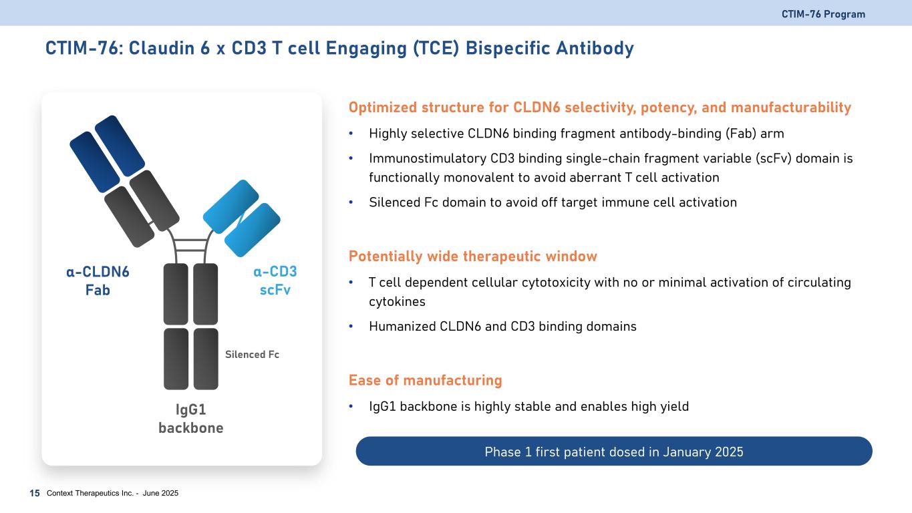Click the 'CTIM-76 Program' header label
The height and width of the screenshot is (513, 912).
click(823, 14)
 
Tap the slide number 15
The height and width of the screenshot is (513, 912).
click(35, 493)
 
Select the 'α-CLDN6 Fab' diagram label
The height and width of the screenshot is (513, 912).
click(98, 281)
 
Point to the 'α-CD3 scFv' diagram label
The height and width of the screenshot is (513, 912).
click(275, 281)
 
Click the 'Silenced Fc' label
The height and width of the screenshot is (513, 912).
click(252, 355)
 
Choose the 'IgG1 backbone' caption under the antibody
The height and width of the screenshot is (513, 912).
click(191, 419)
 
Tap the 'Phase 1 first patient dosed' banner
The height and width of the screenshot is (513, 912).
click(614, 451)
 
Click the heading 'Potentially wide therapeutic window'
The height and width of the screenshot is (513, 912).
click(472, 256)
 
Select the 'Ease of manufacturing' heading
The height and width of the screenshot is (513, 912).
click(425, 380)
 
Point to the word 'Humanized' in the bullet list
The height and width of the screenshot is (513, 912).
click(403, 326)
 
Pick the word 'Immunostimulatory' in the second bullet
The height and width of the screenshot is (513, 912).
click(428, 158)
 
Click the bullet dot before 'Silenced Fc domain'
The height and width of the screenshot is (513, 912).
click(351, 202)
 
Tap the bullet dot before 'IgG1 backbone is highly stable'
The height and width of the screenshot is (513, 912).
click(351, 406)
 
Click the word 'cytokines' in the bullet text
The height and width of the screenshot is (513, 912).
click(397, 302)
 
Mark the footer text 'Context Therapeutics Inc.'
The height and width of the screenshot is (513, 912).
click(90, 493)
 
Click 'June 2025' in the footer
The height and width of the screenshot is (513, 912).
click(160, 493)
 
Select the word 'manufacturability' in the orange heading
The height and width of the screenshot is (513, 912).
click(790, 108)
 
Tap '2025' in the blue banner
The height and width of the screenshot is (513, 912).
click(729, 452)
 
